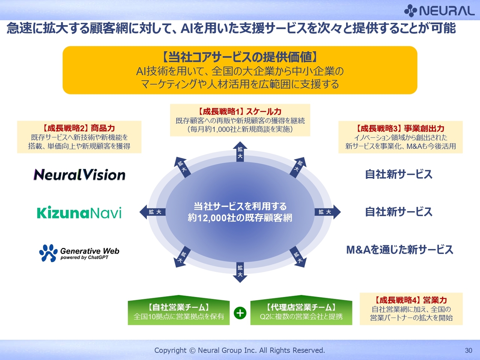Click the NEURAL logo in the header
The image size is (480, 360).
439,10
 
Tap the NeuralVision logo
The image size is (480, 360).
79,175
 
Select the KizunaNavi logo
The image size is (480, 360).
79,213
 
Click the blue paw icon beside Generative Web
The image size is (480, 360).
48,253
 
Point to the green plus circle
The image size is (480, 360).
240,313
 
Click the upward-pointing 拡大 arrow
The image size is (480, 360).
240,151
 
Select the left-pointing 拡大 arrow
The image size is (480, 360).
152,212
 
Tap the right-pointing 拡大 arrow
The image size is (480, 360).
328,212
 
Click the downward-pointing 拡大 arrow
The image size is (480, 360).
240,272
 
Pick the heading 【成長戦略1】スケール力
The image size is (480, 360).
240,111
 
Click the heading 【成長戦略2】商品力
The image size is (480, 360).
79,128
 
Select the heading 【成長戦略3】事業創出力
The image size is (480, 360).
400,128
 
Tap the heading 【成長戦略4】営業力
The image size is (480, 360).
411,300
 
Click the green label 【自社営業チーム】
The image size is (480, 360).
178,307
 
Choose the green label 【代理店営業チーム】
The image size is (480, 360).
301,307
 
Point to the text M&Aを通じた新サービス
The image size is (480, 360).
400,250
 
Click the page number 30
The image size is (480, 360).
468,350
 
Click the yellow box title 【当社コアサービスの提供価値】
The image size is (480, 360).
240,57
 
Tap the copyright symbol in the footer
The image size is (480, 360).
192,350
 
